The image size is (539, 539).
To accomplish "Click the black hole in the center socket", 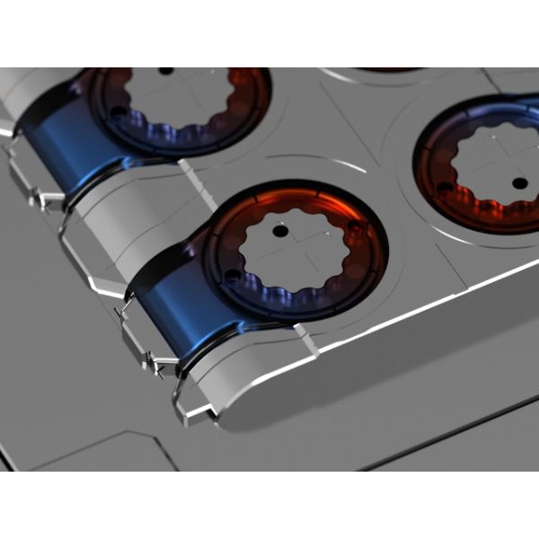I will coord(280,231).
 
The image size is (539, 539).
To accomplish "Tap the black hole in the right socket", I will coord(518,183).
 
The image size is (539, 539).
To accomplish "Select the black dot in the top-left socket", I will coord(165,69).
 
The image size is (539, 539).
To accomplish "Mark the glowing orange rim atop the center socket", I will coord(296,199).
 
